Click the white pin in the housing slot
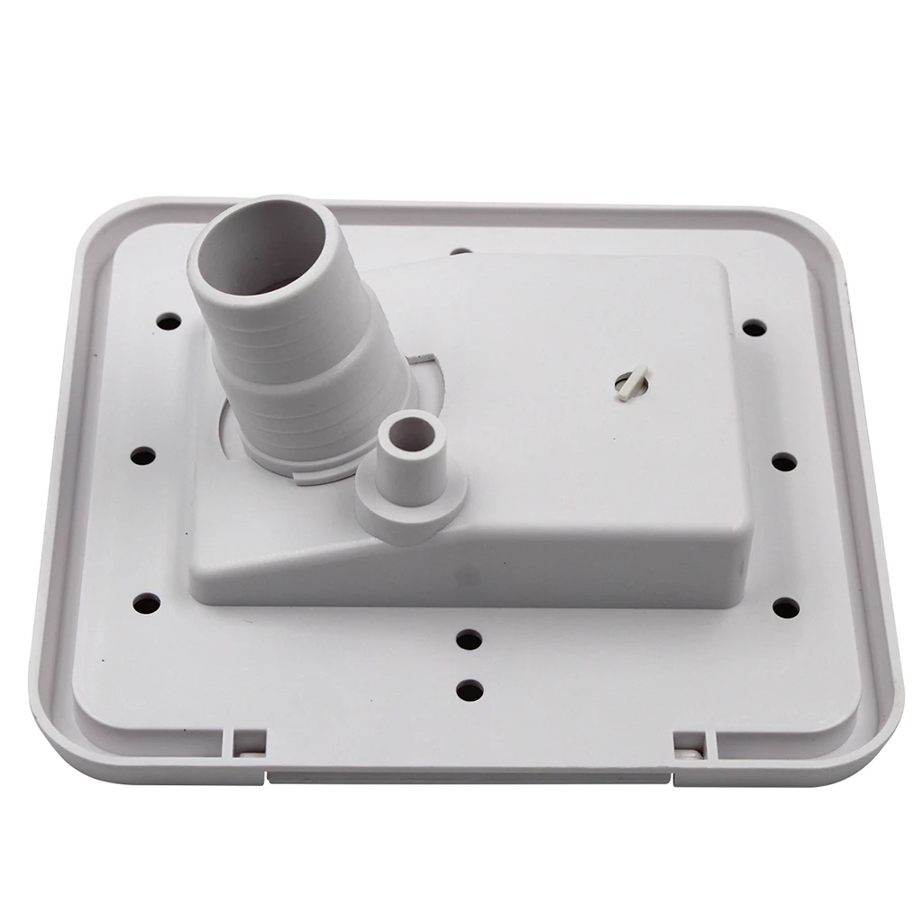628,383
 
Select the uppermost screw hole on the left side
167,321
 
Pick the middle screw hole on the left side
142,455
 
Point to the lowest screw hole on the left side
146,603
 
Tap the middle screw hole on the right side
784,461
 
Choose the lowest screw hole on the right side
786,608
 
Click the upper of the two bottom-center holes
469,640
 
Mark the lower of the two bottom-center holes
470,691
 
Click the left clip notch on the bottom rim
249,741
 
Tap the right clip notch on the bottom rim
690,742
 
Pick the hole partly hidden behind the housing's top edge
461,251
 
